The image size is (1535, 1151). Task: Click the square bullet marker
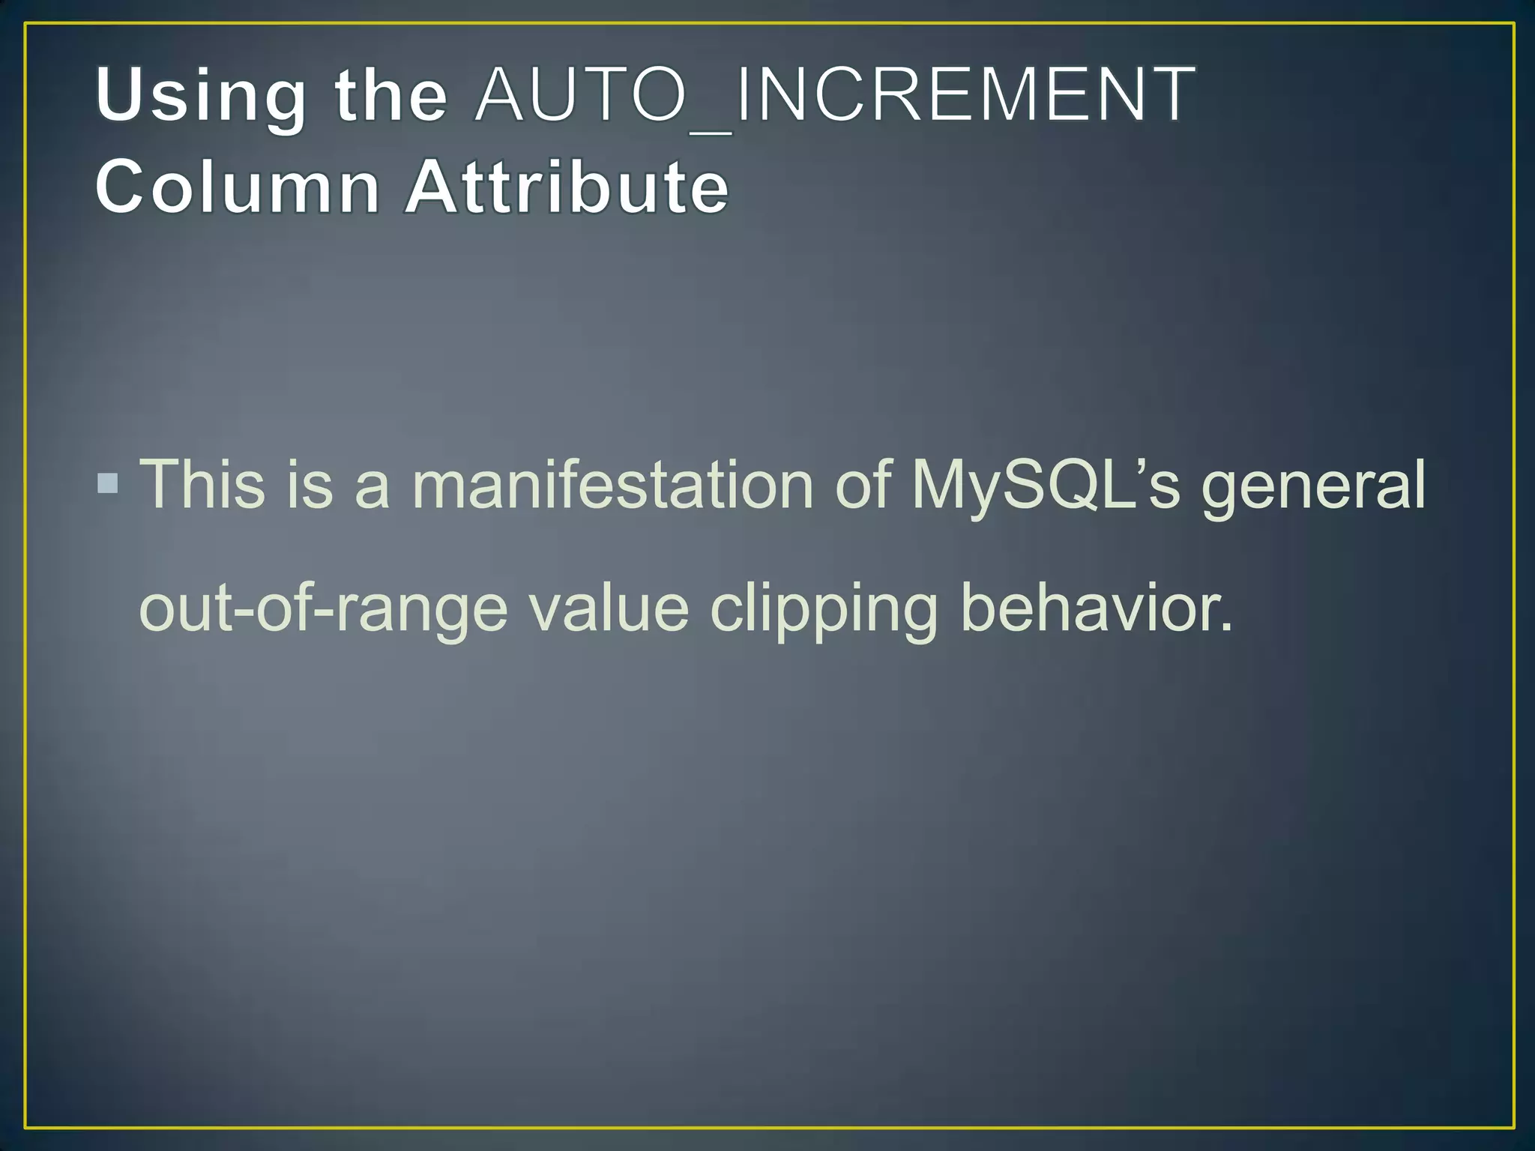pyautogui.click(x=108, y=483)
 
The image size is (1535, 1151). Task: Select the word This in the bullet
pyautogui.click(x=203, y=484)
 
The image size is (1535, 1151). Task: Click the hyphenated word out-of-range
pyautogui.click(x=323, y=608)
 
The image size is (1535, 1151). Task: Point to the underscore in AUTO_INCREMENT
pyautogui.click(x=710, y=132)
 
